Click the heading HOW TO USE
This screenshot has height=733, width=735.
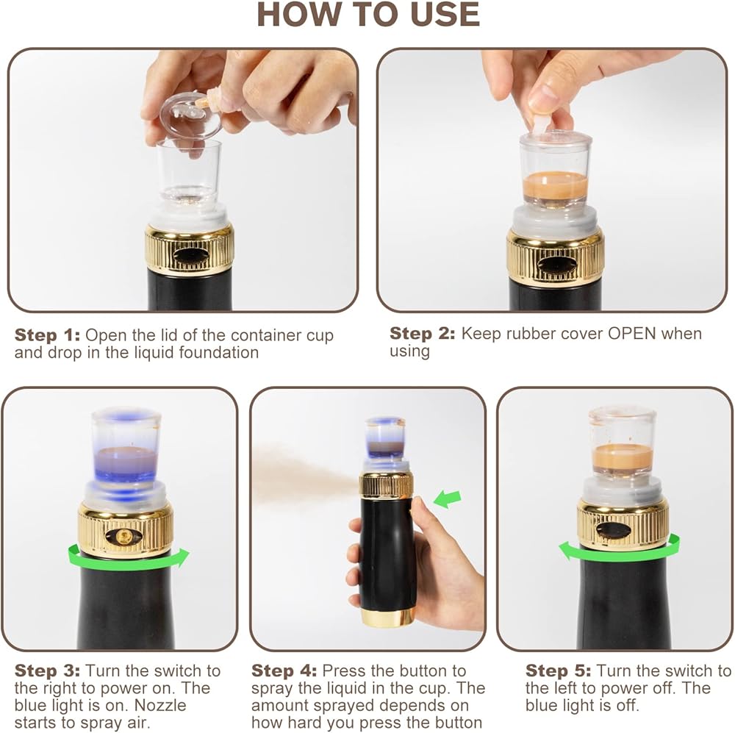pos(368,15)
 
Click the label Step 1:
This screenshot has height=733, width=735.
pos(47,335)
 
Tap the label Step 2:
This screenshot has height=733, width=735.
pos(422,334)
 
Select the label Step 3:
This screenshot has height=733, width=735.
pos(47,671)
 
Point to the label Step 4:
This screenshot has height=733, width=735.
pos(284,671)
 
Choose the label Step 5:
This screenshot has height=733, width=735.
pos(558,671)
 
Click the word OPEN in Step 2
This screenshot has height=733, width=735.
pos(632,334)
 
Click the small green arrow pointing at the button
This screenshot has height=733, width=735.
pos(448,499)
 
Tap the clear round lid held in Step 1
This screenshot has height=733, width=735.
pos(190,114)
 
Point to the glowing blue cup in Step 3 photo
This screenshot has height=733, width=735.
pos(126,446)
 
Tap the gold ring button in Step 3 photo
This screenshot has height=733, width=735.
pos(123,536)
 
